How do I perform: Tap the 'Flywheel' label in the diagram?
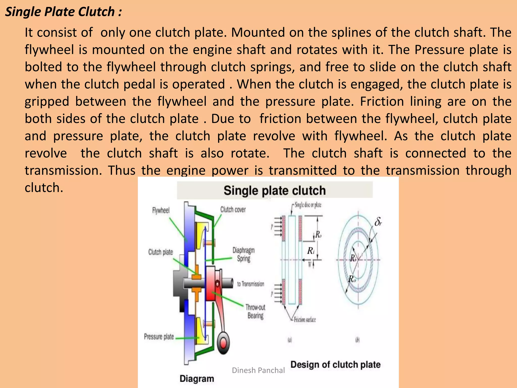pos(161,210)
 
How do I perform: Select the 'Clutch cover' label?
pos(233,209)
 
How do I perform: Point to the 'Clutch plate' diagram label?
pos(161,252)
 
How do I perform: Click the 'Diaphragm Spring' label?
pos(244,255)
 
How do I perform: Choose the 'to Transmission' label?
pos(250,284)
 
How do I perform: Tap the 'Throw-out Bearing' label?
pos(255,311)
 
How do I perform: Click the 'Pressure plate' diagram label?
pos(159,336)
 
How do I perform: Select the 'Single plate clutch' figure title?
pos(274,190)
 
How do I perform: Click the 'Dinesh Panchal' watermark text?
pos(258,370)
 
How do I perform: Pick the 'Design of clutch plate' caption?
pos(335,365)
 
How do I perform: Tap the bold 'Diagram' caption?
pos(197,379)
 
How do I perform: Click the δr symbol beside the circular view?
pos(378,222)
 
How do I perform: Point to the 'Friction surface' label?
pos(305,320)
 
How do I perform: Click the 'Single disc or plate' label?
pos(308,205)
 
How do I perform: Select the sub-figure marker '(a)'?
pos(290,340)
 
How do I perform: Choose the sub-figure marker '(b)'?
pos(357,340)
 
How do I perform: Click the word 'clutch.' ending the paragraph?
pos(44,188)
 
